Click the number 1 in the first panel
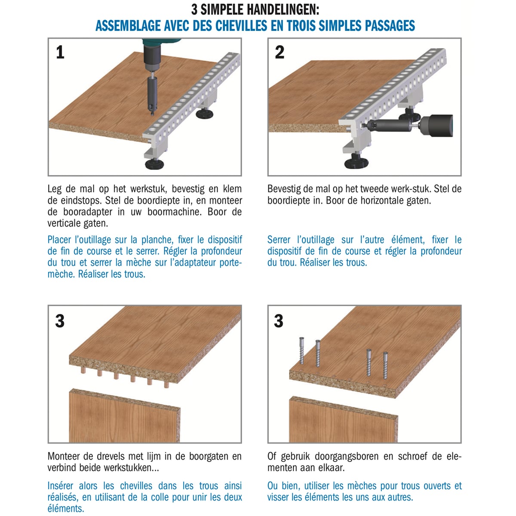[60, 52]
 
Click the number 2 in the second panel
[279, 52]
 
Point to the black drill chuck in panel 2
[436, 126]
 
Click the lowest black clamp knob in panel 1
[154, 164]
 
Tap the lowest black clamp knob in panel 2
[356, 163]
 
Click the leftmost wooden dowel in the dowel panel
[83, 371]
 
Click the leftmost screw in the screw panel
[301, 350]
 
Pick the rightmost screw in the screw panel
[385, 365]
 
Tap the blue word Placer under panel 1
[59, 240]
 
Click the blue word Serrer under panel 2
[279, 240]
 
